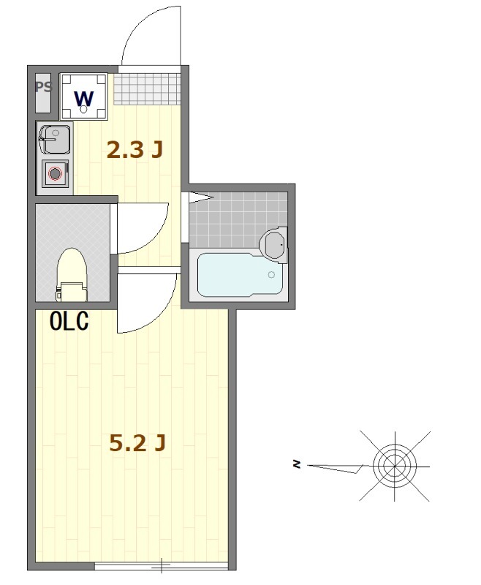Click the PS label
click(43, 87)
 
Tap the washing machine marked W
click(84, 97)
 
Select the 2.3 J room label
click(134, 150)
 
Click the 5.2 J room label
click(137, 442)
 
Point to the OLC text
click(69, 322)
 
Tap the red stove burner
click(55, 174)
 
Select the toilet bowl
click(72, 267)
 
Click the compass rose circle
click(395, 464)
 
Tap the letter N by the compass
click(297, 464)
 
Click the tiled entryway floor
click(146, 88)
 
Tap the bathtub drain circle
click(271, 275)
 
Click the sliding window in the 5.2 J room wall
click(161, 565)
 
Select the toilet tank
click(72, 291)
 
